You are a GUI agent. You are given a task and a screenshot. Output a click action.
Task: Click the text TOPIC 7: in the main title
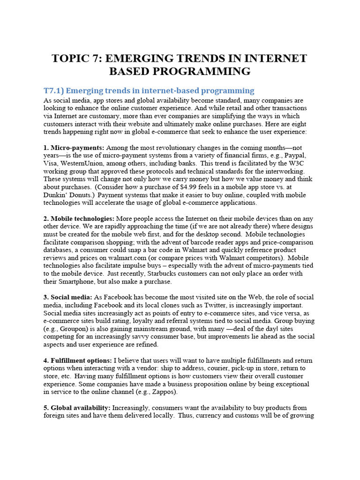[76, 58]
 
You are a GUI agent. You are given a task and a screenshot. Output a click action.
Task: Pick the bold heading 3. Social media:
[68, 298]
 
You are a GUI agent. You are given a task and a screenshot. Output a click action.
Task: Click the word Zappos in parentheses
[161, 392]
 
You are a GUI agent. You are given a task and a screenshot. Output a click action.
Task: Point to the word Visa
[51, 164]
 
